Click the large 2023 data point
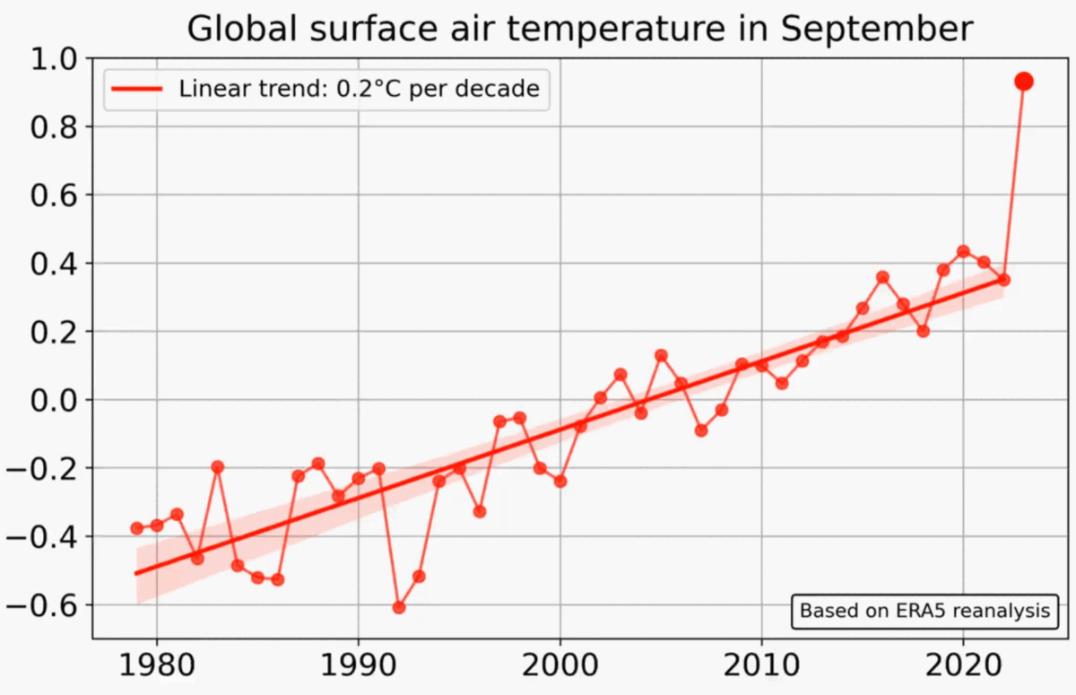[x=1024, y=82]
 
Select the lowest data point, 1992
[x=399, y=607]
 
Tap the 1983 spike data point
[x=217, y=466]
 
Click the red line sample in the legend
[x=137, y=89]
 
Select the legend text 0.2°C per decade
[x=466, y=89]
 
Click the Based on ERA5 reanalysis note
[x=924, y=611]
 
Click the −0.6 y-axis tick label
[x=46, y=605]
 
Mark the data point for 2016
[x=882, y=277]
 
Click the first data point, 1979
[x=136, y=528]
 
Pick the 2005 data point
[x=661, y=355]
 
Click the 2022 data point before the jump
[x=1003, y=280]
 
